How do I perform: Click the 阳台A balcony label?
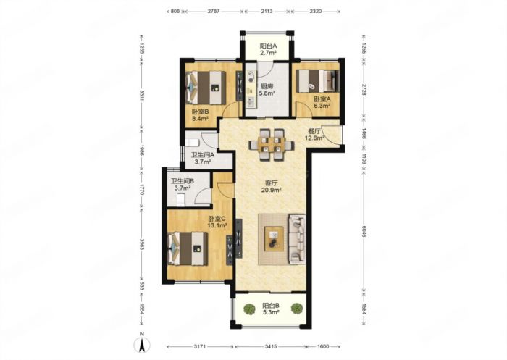(x=268, y=49)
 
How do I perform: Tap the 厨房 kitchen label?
(x=267, y=90)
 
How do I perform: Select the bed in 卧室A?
(x=317, y=80)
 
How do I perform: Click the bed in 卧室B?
(x=205, y=88)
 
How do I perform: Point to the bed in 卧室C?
(x=188, y=248)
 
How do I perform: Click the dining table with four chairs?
(x=272, y=144)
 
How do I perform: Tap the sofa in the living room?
(x=297, y=238)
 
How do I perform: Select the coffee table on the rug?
(x=275, y=239)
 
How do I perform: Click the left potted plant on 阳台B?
(x=249, y=309)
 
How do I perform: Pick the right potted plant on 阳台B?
(x=296, y=309)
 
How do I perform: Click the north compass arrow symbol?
(x=142, y=345)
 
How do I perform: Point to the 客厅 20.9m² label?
(x=271, y=186)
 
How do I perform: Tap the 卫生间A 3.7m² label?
(x=203, y=159)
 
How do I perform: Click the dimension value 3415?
(x=271, y=346)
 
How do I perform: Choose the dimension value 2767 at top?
(x=214, y=12)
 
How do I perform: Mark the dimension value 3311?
(x=141, y=95)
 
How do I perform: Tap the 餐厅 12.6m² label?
(x=314, y=135)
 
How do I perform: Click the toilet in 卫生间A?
(x=191, y=143)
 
